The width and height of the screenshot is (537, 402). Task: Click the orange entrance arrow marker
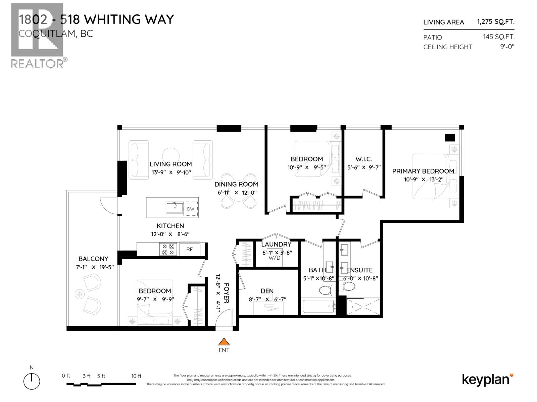(x=224, y=342)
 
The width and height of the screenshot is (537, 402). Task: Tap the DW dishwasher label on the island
(x=191, y=209)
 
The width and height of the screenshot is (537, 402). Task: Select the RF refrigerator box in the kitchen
(x=190, y=249)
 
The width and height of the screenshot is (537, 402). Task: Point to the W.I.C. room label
(x=363, y=159)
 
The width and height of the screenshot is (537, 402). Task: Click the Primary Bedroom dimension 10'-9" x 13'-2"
(x=424, y=180)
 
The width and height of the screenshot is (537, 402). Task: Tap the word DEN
(x=267, y=291)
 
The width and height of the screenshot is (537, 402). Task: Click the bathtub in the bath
(x=318, y=306)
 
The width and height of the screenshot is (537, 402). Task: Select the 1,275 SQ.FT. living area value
(x=495, y=22)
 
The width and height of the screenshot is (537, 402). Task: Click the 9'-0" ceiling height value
(x=507, y=47)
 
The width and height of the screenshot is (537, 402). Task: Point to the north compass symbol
(x=32, y=381)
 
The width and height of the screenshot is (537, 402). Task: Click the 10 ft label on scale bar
(x=136, y=376)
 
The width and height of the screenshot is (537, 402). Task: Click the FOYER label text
(x=227, y=293)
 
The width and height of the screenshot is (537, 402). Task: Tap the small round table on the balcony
(x=80, y=294)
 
